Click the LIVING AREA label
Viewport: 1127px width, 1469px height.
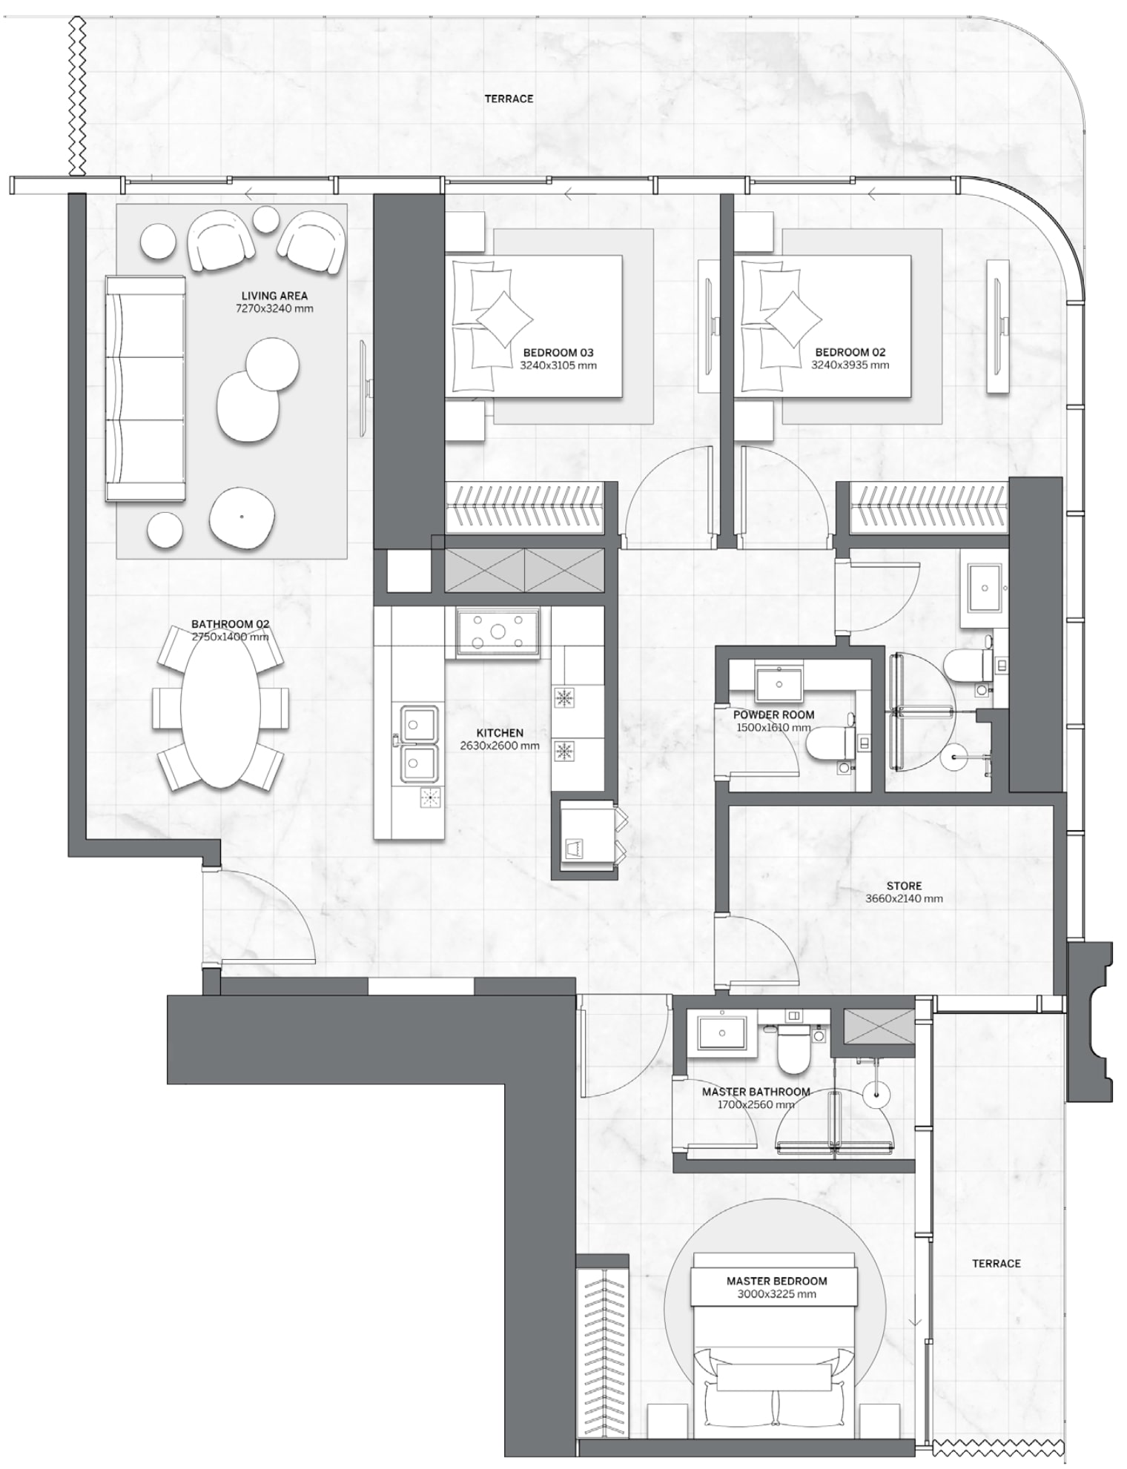[274, 296]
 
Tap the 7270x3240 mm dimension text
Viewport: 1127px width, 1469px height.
[274, 308]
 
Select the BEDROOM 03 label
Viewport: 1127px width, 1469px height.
[558, 353]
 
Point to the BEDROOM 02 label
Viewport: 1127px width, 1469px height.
[850, 353]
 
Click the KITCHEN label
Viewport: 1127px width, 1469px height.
[500, 733]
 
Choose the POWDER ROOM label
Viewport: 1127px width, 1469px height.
[773, 715]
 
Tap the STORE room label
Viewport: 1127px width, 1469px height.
[904, 886]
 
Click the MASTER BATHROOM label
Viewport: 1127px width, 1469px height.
[756, 1092]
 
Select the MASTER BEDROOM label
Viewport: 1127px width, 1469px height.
[776, 1281]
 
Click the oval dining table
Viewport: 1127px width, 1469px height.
[220, 708]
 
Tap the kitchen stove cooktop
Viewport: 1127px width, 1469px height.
[497, 631]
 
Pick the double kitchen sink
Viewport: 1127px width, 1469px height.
[419, 743]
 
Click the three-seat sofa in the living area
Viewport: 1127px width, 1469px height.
[145, 389]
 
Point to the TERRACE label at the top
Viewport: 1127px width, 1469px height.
[509, 99]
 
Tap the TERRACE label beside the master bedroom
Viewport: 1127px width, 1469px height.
[996, 1264]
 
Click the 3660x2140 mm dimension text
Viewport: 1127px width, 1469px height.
[904, 899]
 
